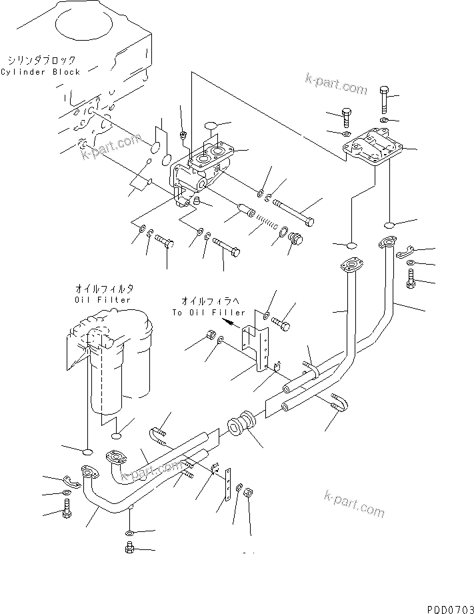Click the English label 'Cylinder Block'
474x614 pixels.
point(40,72)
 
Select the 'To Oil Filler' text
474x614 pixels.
point(209,312)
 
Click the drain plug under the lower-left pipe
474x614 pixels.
point(130,549)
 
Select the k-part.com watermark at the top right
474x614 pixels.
point(335,85)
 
